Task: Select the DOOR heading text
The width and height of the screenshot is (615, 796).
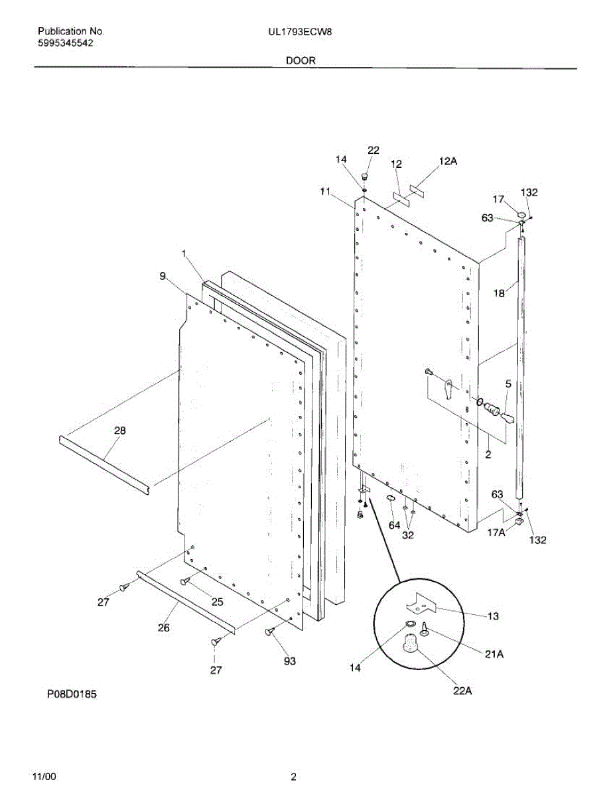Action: [x=301, y=60]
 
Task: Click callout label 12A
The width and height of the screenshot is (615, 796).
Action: [x=448, y=161]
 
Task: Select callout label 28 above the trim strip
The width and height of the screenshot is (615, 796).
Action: [x=120, y=431]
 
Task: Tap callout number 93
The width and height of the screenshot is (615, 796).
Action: [x=289, y=661]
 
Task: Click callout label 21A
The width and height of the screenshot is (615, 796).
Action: [x=493, y=655]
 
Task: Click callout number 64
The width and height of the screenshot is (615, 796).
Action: [x=394, y=525]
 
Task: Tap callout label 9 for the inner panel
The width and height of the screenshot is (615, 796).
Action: [x=163, y=277]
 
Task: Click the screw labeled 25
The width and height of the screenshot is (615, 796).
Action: [x=186, y=582]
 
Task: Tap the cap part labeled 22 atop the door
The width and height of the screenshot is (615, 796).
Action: [x=364, y=177]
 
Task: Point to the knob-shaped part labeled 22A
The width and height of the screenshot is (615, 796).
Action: [x=412, y=642]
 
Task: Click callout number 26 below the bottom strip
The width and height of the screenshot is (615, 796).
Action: [x=163, y=628]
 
